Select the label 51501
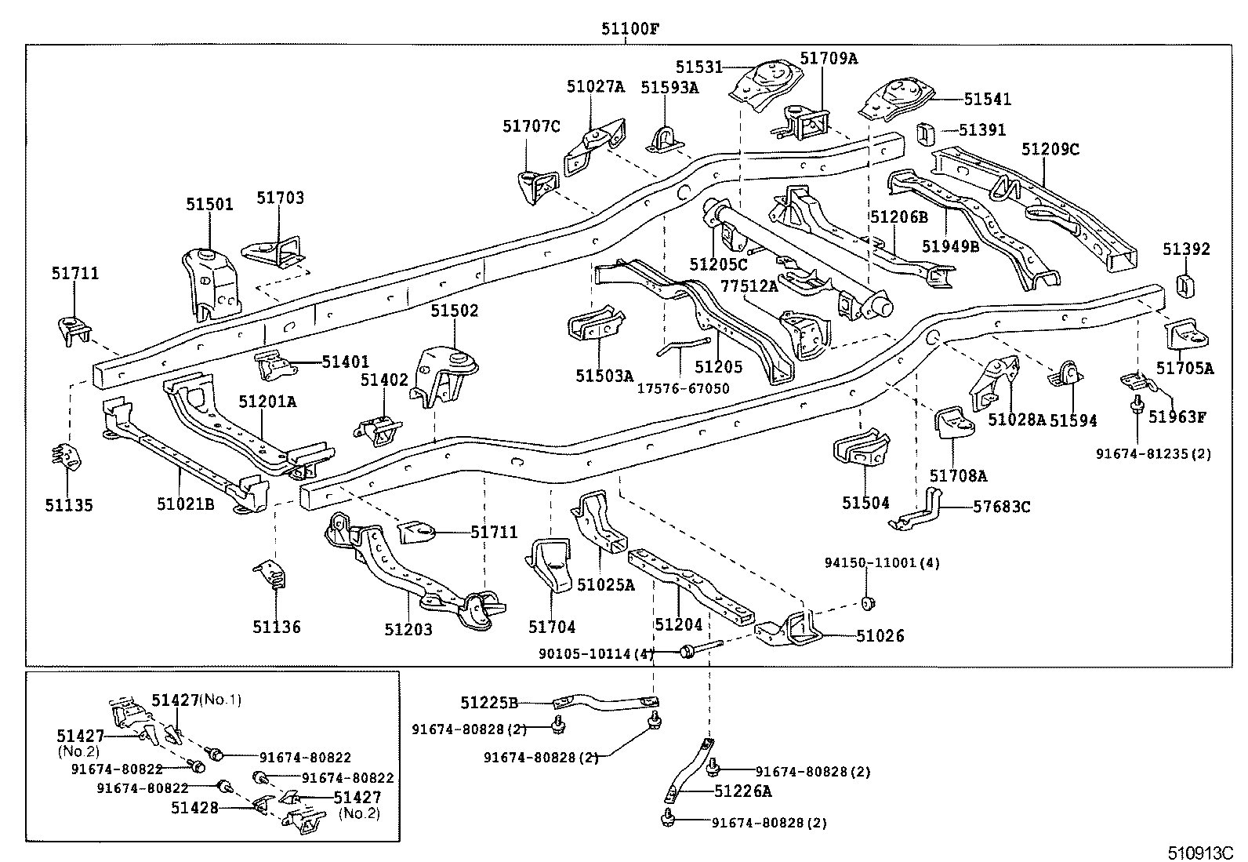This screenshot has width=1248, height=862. (209, 205)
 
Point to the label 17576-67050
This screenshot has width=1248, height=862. (682, 388)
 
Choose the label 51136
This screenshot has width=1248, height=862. (276, 627)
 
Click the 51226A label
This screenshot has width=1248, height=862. (742, 791)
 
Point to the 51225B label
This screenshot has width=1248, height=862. (489, 703)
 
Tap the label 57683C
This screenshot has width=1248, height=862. (1001, 507)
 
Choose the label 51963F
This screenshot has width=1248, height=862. (1177, 416)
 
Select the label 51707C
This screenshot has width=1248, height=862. (531, 126)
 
